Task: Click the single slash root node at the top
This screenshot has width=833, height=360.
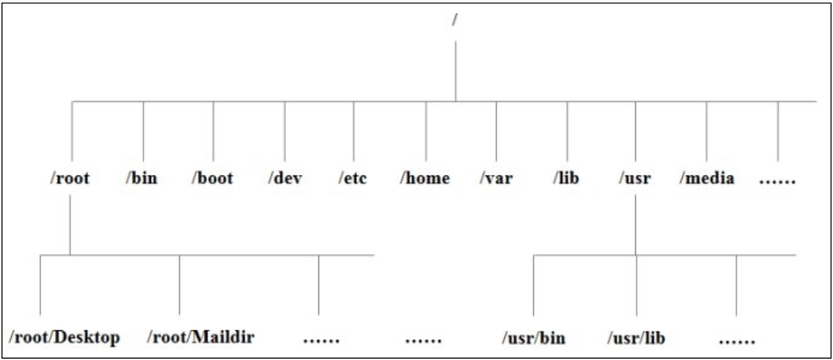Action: tap(454, 21)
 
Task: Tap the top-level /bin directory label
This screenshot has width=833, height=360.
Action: tap(142, 179)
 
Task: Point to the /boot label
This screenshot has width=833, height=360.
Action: tap(212, 179)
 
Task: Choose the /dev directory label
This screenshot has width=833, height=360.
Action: tap(283, 179)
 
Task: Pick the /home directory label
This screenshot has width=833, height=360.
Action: tap(425, 179)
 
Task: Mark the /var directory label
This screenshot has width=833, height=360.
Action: tap(496, 179)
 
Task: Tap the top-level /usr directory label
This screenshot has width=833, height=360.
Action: tap(634, 179)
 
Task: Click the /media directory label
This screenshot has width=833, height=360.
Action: tap(707, 179)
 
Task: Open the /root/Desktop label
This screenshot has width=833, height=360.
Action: tap(65, 338)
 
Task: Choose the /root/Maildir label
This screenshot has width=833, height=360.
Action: tap(202, 338)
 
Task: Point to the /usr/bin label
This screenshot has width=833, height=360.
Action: tap(533, 338)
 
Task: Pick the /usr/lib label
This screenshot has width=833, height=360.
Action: tap(636, 338)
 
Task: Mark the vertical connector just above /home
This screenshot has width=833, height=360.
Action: tap(425, 130)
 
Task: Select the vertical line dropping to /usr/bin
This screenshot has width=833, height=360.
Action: tap(533, 286)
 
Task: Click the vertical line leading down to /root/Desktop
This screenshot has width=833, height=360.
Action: tap(40, 286)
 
